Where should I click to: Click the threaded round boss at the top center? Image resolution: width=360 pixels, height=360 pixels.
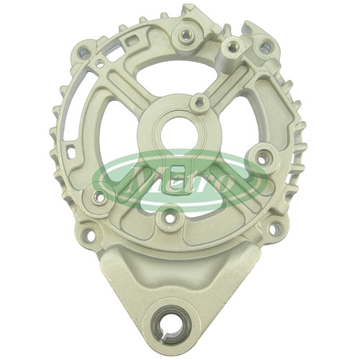pyautogui.click(x=186, y=36)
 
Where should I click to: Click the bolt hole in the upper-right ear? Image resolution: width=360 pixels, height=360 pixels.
pyautogui.click(x=265, y=46)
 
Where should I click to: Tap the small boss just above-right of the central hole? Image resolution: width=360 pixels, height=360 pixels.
pyautogui.click(x=199, y=102)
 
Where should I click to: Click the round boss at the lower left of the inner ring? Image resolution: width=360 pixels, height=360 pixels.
pyautogui.click(x=99, y=197)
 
